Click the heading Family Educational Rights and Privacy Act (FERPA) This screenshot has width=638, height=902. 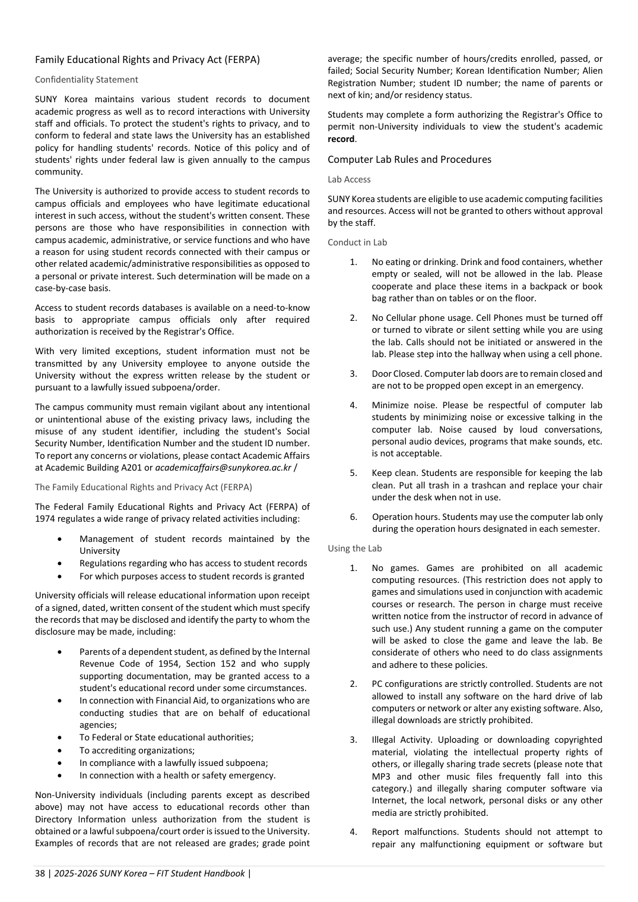(147, 59)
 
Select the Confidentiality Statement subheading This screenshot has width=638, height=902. (87, 80)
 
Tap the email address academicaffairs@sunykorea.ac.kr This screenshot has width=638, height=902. (223, 468)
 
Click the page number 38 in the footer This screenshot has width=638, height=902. (40, 873)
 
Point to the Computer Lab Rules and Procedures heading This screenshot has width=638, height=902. (410, 159)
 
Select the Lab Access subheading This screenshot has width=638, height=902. (349, 179)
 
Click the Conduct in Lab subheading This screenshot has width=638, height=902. (357, 242)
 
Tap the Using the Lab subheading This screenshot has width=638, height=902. (355, 548)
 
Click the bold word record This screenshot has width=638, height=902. (341, 139)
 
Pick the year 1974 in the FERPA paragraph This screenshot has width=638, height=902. (45, 519)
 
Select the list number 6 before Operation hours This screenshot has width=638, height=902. (354, 517)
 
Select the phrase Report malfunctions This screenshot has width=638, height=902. (415, 832)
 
